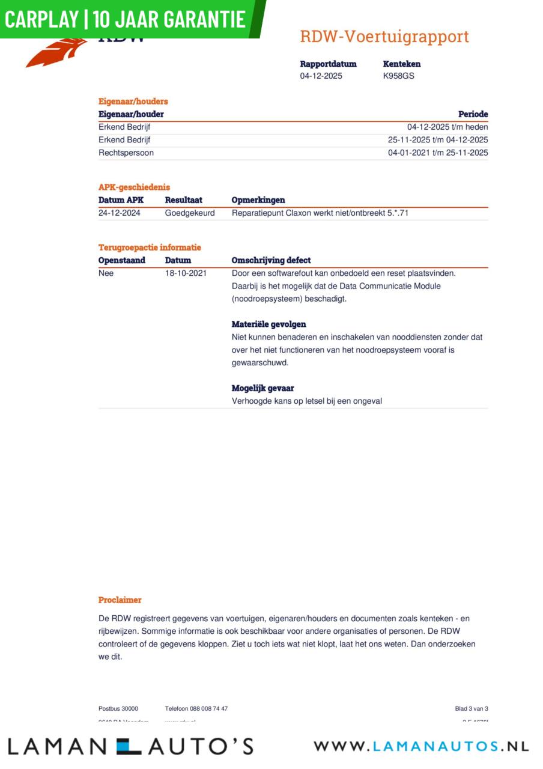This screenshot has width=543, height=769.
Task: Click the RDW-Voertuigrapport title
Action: (x=384, y=37)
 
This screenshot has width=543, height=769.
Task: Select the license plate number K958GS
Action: (x=398, y=76)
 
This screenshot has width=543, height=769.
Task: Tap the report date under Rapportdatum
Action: (x=321, y=76)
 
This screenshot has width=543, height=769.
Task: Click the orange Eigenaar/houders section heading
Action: (x=133, y=102)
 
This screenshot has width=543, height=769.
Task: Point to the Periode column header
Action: (x=473, y=114)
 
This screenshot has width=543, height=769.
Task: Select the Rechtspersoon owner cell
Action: (x=126, y=153)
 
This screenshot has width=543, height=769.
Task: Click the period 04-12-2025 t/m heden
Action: (x=447, y=127)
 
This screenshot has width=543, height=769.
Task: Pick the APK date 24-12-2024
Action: (x=120, y=213)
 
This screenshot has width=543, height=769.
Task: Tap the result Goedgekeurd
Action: (x=190, y=213)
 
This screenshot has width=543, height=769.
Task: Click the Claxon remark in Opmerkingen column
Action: (x=320, y=213)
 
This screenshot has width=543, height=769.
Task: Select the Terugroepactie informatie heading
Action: (x=150, y=248)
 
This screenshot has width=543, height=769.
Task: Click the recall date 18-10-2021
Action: (x=186, y=273)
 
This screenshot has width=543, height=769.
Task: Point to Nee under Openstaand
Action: (x=106, y=273)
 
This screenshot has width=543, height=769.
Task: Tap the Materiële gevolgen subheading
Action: (x=268, y=324)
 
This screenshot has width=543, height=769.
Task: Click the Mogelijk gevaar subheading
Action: (x=262, y=388)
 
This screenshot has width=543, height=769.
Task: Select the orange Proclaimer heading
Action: (x=120, y=600)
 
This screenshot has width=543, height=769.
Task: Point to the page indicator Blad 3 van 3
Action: (x=472, y=709)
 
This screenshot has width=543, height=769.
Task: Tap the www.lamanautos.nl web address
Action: (x=421, y=746)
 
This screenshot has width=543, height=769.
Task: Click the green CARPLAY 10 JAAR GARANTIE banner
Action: (x=126, y=19)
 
